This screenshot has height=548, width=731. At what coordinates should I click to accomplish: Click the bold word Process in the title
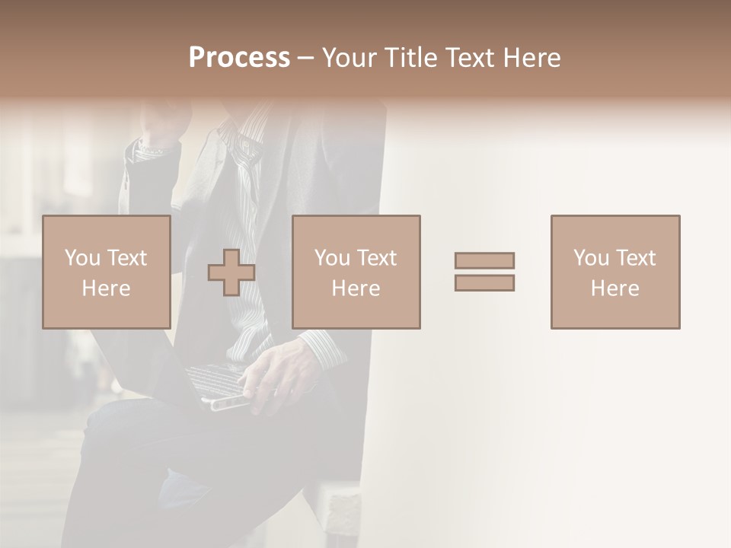point(239,58)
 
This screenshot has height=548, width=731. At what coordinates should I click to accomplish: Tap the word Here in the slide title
point(530,58)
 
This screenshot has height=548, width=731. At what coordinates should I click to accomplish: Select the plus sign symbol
point(231,272)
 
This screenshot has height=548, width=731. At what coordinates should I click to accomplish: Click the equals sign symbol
point(484,272)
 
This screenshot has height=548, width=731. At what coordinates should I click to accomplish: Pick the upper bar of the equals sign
point(484,260)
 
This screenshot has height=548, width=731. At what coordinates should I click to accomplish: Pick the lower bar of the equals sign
point(484,283)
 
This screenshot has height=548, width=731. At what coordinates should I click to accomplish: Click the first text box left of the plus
point(107,272)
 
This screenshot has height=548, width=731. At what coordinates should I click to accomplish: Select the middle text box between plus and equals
point(356,272)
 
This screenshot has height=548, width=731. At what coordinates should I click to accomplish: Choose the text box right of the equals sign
point(615,272)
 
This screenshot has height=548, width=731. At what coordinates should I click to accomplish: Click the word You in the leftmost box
point(83,258)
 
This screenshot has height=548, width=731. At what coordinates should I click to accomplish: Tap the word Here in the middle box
point(356,288)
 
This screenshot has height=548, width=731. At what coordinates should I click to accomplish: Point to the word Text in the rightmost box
point(634,258)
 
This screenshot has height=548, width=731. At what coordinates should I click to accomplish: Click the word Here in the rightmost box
point(615,288)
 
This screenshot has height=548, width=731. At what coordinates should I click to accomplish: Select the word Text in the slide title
point(468,58)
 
